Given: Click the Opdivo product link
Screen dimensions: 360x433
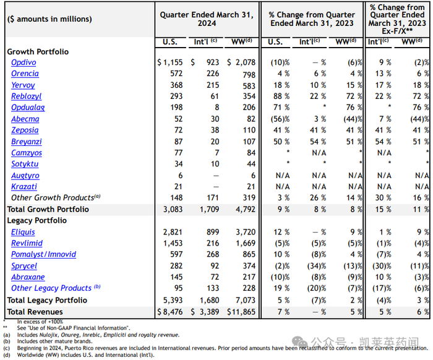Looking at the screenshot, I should pos(24,62).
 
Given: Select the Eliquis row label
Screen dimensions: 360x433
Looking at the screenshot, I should pos(24,232).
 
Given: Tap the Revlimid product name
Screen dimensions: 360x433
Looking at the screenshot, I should pos(27,243).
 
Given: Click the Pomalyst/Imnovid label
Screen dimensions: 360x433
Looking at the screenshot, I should pos(43,254).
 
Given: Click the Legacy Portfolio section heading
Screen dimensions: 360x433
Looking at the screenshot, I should pos(36,220).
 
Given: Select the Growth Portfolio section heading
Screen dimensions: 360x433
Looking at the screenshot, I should pos(38,51).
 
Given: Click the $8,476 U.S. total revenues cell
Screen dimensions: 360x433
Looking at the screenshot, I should pos(167,311).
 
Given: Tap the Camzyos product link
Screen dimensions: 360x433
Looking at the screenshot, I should pos(27,153).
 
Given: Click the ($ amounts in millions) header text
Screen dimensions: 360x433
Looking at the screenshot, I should pos(49,19).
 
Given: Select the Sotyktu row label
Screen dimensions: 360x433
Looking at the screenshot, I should pos(25,164).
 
